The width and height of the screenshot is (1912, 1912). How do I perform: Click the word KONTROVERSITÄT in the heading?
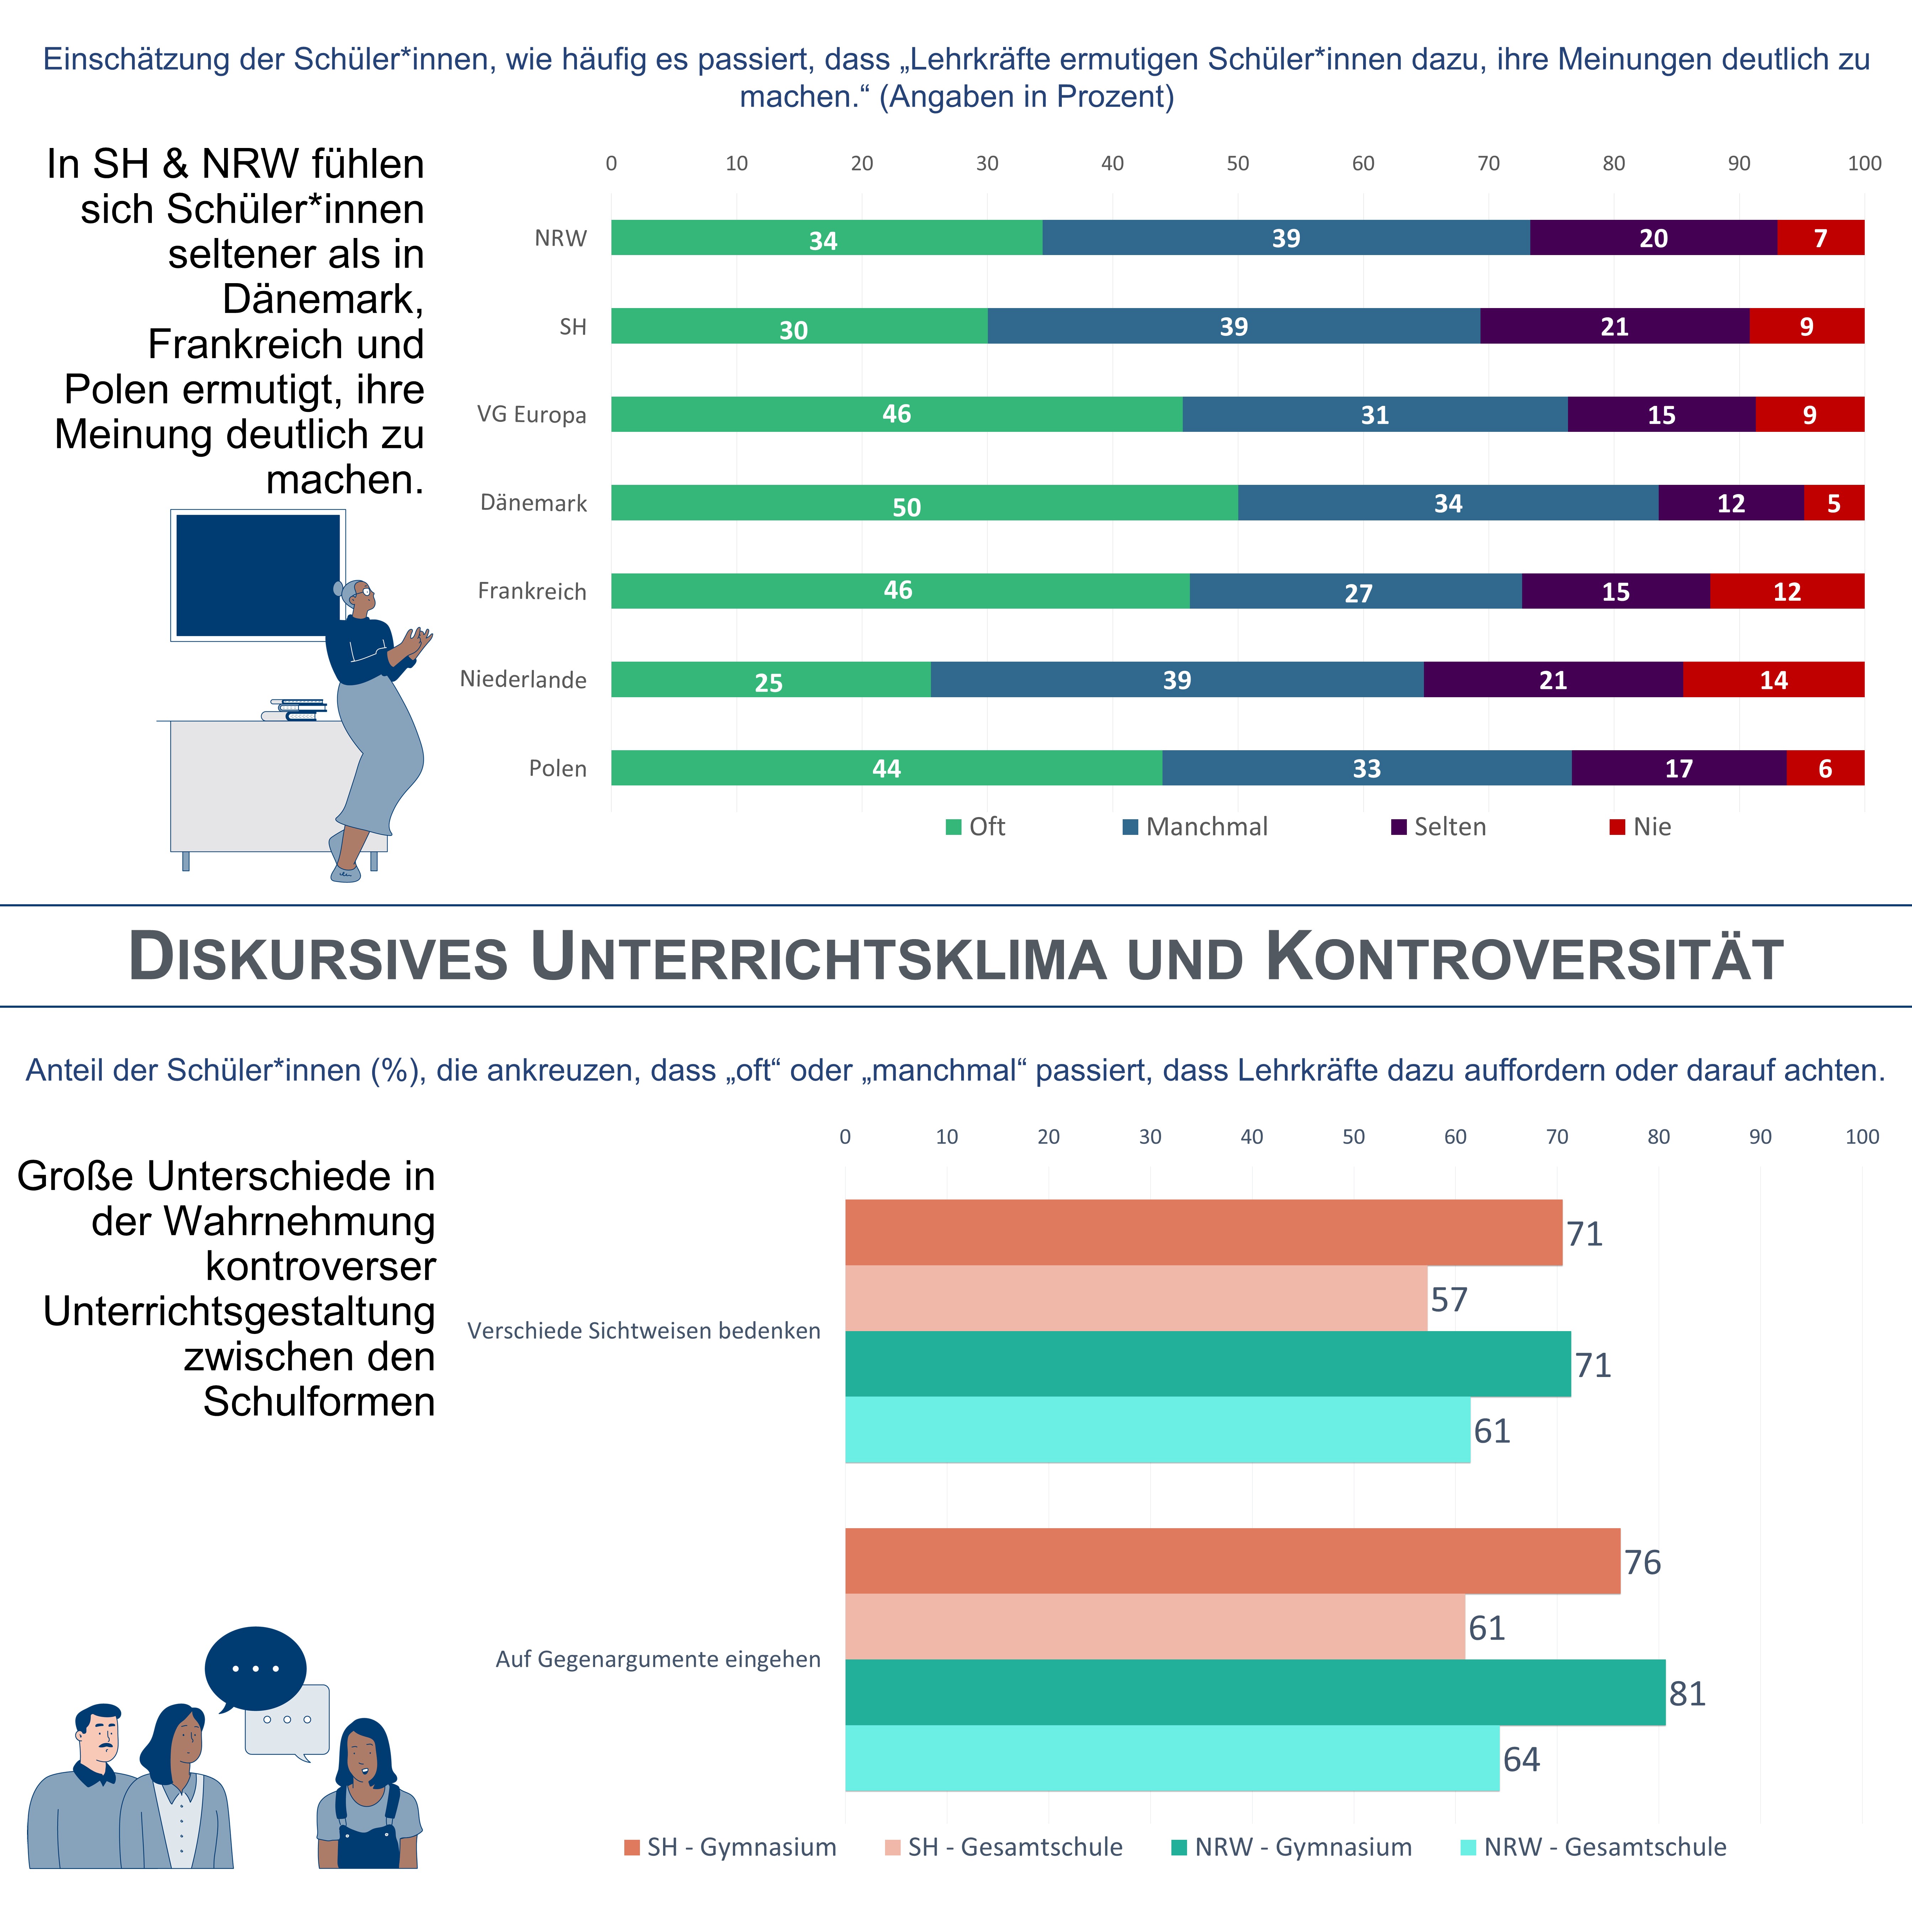[x=1524, y=958]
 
